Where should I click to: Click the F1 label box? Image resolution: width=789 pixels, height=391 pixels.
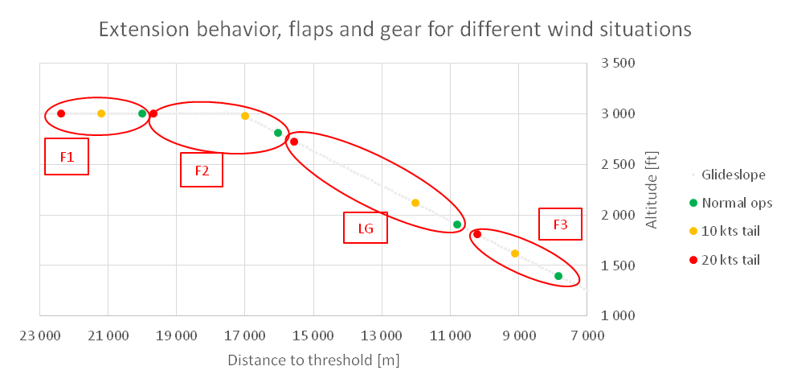pyautogui.click(x=67, y=157)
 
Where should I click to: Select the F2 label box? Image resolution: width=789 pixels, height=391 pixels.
pyautogui.click(x=202, y=170)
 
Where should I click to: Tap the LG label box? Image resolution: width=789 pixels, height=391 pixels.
pyautogui.click(x=365, y=228)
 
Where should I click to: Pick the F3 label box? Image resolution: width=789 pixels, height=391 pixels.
pyautogui.click(x=560, y=225)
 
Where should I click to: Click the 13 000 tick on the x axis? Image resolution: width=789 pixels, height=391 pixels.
pyautogui.click(x=382, y=335)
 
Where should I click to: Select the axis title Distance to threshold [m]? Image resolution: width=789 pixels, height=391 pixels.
pyautogui.click(x=313, y=360)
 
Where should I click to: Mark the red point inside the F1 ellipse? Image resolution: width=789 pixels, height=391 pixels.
pyautogui.click(x=61, y=113)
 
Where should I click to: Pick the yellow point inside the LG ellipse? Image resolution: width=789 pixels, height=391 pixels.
pyautogui.click(x=415, y=203)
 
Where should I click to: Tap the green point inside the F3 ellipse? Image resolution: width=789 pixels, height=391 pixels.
pyautogui.click(x=558, y=276)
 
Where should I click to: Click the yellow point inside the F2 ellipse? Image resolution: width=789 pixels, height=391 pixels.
pyautogui.click(x=245, y=116)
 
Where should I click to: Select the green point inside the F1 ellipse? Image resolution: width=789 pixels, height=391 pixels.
pyautogui.click(x=142, y=113)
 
